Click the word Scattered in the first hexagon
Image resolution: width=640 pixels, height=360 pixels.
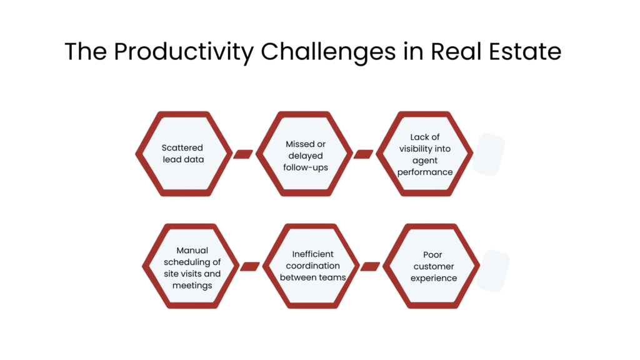(x=182, y=148)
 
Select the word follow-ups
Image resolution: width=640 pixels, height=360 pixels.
(x=306, y=167)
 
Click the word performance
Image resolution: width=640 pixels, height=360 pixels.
(x=425, y=172)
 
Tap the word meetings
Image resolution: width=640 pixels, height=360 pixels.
(x=192, y=286)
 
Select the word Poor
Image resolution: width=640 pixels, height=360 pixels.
(x=432, y=254)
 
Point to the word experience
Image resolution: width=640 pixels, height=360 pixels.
(x=434, y=277)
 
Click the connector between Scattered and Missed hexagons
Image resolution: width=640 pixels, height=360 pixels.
(x=242, y=154)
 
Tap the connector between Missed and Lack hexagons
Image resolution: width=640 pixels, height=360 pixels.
(x=363, y=154)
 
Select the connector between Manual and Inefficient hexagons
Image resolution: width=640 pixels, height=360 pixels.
(x=249, y=266)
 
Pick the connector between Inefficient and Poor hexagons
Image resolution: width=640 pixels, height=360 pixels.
(x=370, y=266)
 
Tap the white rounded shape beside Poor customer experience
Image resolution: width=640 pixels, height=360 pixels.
(x=493, y=271)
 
